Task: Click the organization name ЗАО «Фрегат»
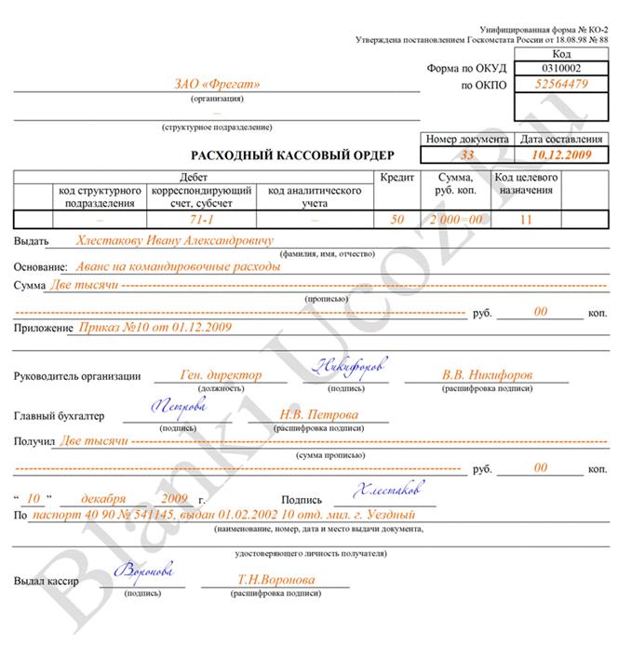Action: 218,85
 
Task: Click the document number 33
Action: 467,155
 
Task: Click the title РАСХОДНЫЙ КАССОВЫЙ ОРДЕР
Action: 293,155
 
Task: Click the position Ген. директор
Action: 221,374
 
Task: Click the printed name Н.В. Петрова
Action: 319,415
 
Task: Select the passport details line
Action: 222,514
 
